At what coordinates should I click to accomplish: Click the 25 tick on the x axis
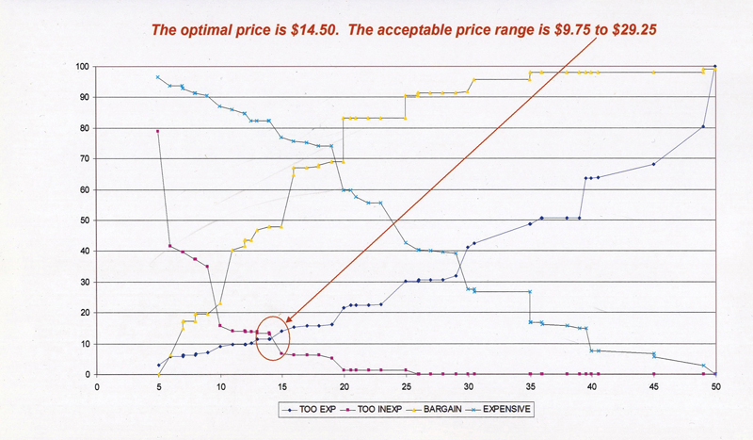[x=406, y=386]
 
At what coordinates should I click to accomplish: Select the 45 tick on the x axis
[x=653, y=386]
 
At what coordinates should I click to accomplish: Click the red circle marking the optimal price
[x=271, y=339]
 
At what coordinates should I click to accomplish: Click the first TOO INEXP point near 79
[x=158, y=131]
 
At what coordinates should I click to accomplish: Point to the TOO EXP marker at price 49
[x=703, y=127]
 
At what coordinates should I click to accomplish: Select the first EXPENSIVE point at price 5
[x=158, y=77]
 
